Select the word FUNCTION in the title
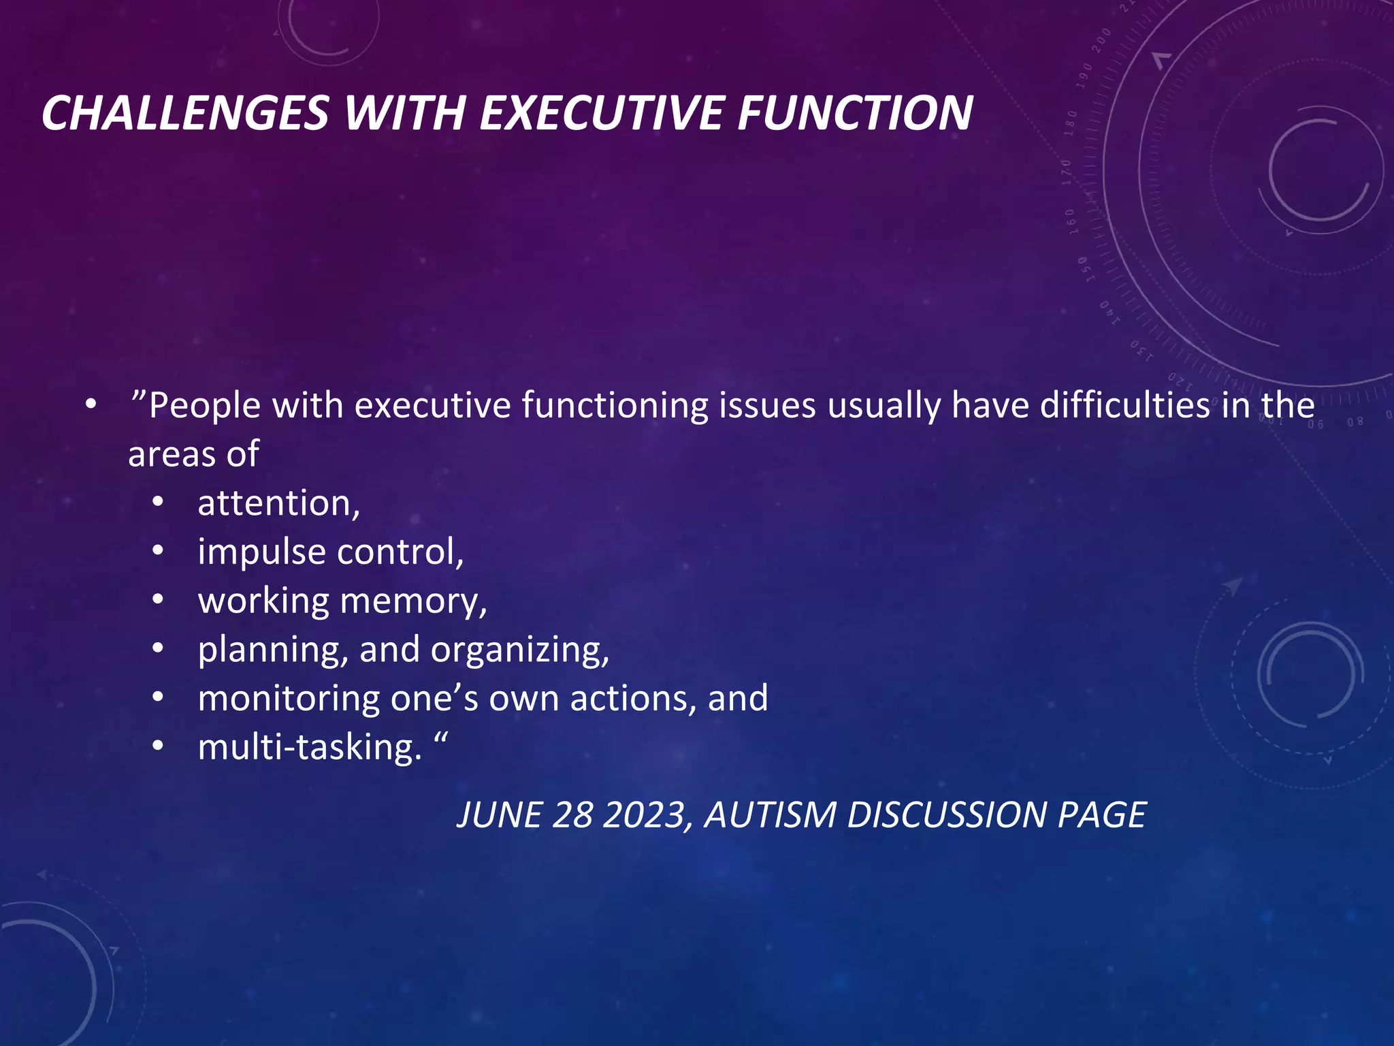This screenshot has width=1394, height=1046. click(x=856, y=112)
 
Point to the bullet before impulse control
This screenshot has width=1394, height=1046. click(x=158, y=552)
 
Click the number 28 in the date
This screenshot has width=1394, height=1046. click(x=572, y=815)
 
